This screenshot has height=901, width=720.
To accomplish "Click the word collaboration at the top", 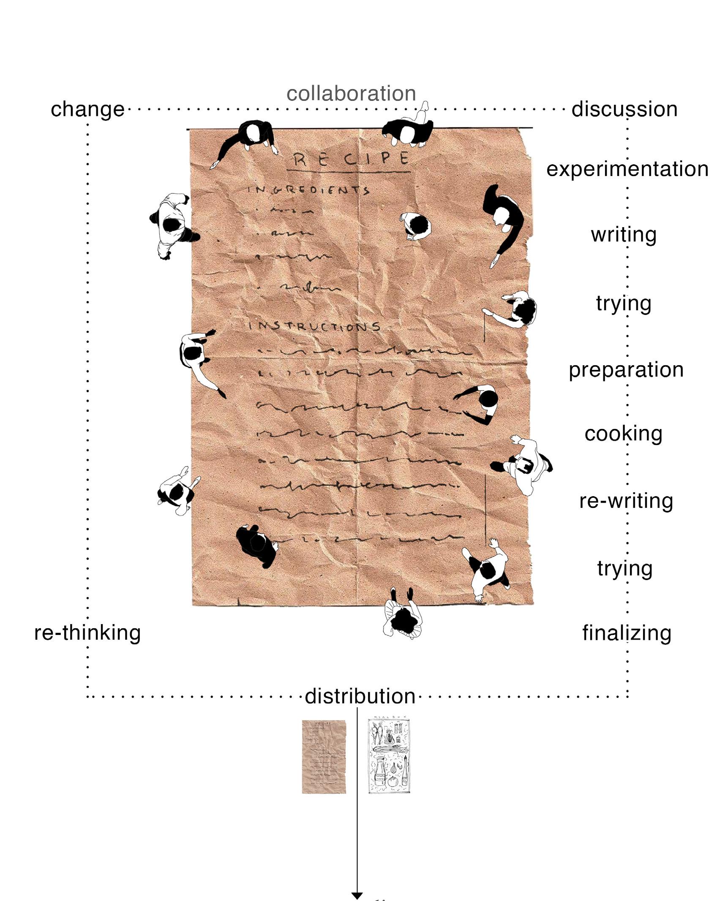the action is tap(351, 93).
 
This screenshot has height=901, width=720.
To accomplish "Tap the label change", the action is tap(87, 109).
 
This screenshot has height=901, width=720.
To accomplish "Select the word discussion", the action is tap(624, 109).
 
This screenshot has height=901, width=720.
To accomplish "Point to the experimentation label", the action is tap(627, 169).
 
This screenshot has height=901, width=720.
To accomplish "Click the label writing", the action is tap(624, 235).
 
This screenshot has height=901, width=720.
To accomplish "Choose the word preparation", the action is tap(626, 370).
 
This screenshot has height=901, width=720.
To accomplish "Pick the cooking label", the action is tap(623, 434).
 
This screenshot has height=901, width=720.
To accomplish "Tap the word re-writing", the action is tap(626, 501).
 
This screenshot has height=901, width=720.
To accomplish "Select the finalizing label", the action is tap(627, 633).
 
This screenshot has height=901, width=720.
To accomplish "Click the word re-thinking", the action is tap(87, 633).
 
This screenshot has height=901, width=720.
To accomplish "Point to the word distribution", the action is tap(360, 696).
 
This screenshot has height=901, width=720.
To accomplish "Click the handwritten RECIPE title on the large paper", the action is tap(351, 159).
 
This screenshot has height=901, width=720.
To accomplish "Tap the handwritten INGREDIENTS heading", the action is tap(308, 190).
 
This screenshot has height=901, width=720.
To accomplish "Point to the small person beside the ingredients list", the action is tap(416, 225).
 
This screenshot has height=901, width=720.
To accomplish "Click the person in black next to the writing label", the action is tap(504, 220).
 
